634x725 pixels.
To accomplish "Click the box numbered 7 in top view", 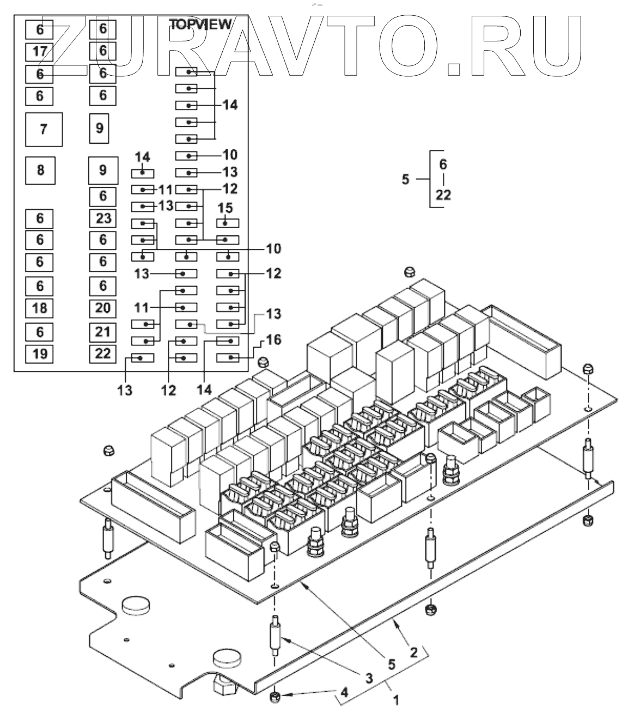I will click(44, 129).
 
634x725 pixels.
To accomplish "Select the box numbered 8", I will click(41, 170).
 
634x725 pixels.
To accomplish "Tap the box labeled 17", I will click(40, 52).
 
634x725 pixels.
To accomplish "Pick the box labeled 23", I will click(103, 218).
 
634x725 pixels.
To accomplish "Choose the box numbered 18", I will click(40, 308).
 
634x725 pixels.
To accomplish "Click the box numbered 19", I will click(40, 354).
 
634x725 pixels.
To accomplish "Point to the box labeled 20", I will click(103, 308).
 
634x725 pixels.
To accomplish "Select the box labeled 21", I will click(103, 331).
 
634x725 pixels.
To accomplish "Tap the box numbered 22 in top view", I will click(103, 354).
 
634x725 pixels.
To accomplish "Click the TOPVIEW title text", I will click(200, 25).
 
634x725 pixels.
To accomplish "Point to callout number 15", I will click(225, 208).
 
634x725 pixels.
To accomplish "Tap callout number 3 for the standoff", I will click(369, 678).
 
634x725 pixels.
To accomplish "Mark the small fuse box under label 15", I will click(228, 223).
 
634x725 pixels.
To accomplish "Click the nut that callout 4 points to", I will click(275, 696).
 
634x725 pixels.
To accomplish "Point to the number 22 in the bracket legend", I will click(443, 194).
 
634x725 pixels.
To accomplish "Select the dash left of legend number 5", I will click(422, 179).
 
